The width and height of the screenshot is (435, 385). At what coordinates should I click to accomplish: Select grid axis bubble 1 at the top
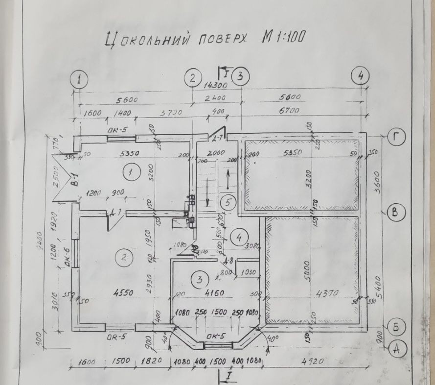click(x=79, y=79)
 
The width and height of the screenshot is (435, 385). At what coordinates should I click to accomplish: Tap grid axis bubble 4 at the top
click(x=360, y=76)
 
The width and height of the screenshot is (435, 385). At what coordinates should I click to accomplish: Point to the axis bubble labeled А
click(x=397, y=348)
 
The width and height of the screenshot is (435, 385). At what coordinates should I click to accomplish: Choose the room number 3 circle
click(x=199, y=280)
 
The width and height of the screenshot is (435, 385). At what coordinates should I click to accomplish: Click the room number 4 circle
click(x=239, y=238)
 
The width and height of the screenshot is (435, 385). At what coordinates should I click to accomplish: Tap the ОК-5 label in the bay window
click(x=216, y=337)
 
